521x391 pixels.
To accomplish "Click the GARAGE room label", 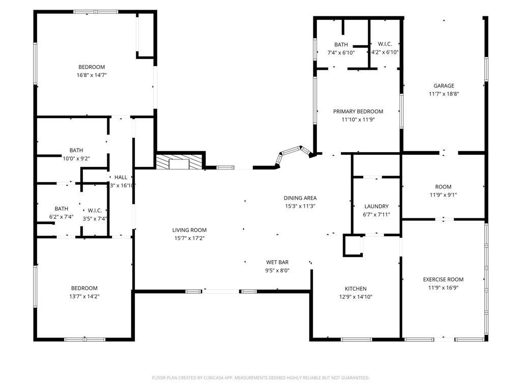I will [444, 86].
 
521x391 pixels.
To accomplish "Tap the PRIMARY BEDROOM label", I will [358, 111].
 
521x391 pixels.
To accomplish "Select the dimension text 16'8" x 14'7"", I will [92, 75].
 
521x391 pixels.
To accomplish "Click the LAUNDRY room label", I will [377, 206].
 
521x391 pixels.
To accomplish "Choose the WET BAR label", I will [277, 262].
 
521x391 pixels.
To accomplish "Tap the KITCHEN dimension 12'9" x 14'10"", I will [356, 297].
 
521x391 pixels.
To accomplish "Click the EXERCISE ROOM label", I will [443, 280].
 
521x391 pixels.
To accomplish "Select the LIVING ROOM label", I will [189, 230].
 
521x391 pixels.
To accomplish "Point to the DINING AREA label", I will [300, 198].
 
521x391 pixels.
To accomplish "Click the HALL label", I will [121, 177].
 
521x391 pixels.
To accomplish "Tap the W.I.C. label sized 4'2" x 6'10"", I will [385, 45].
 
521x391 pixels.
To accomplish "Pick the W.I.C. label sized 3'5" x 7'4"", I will [95, 210].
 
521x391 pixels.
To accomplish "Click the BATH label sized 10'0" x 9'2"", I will [76, 150].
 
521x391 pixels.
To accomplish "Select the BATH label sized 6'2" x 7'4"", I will [62, 208].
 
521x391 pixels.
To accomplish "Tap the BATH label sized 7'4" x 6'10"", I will [341, 45].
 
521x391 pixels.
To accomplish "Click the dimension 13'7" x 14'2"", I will [84, 296].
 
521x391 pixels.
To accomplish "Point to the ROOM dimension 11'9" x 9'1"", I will [443, 194].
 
